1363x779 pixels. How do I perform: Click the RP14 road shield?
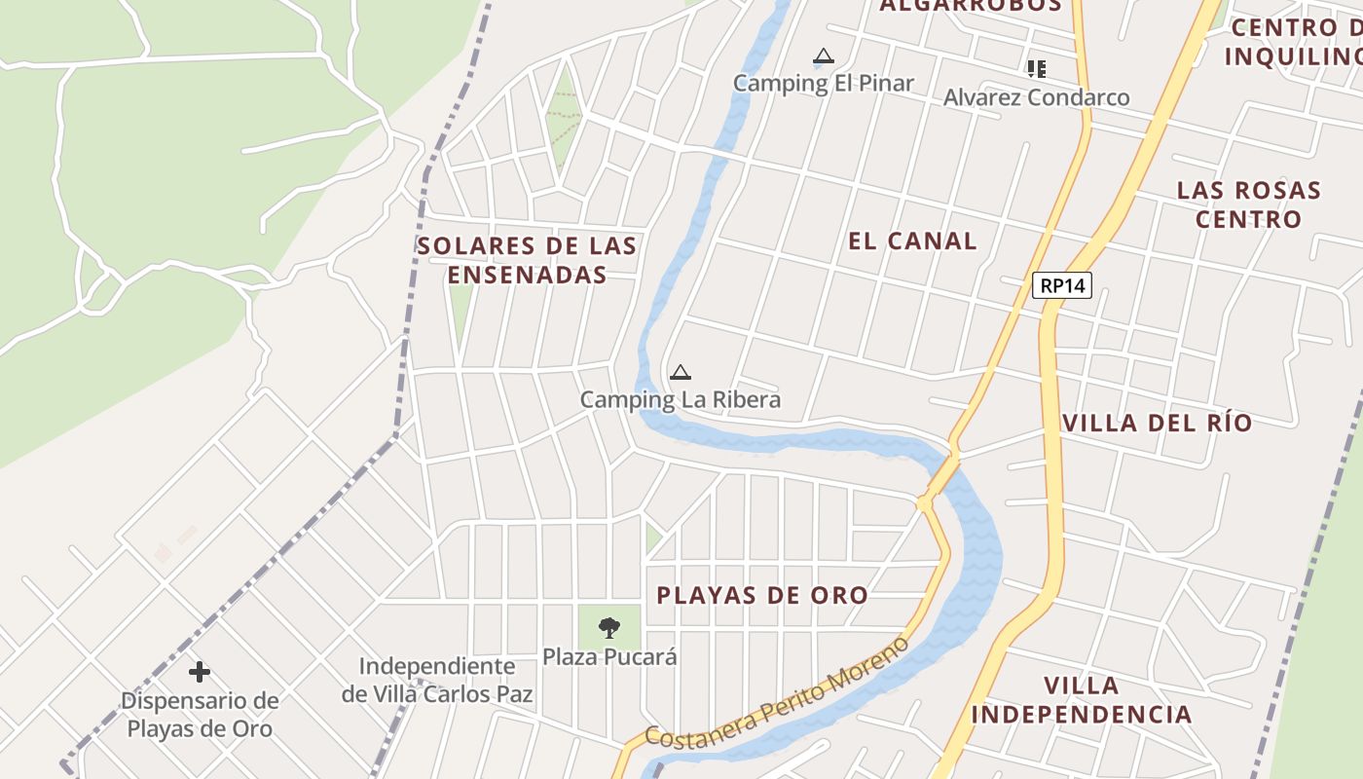[1062, 285]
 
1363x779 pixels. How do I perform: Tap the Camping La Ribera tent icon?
[681, 372]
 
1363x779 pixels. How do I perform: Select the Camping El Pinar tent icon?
[824, 56]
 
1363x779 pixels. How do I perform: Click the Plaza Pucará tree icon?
[609, 627]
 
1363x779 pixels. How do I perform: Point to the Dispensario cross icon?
[200, 672]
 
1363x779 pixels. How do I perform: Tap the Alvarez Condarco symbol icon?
[1037, 68]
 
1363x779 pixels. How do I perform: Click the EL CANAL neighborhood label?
[912, 241]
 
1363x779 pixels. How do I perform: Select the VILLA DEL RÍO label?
[1157, 423]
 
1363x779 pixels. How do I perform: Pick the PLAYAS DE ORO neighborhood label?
[762, 595]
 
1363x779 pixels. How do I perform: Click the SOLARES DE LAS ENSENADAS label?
[528, 260]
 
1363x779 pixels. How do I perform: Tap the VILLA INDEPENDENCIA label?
[1082, 699]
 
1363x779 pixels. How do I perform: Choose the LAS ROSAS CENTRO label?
[1249, 204]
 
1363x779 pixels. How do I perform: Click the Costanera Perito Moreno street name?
[776, 694]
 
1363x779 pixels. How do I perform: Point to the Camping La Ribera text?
[681, 399]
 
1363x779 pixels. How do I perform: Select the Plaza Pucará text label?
[609, 657]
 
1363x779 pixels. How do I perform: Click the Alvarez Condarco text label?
[1037, 97]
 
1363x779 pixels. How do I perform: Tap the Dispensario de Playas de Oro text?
[200, 715]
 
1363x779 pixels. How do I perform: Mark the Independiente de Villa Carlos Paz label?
[437, 680]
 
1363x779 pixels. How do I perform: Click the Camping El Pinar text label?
[824, 83]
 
